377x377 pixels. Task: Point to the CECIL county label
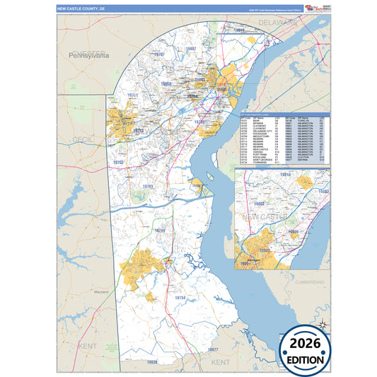click(80, 140)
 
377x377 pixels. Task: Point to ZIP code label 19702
click(117, 163)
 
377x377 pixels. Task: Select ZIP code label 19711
click(132, 95)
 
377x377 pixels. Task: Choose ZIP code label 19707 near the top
click(160, 54)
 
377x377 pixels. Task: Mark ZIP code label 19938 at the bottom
click(151, 361)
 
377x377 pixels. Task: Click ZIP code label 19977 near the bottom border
click(214, 350)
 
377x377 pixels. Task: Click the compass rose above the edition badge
click(322, 325)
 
